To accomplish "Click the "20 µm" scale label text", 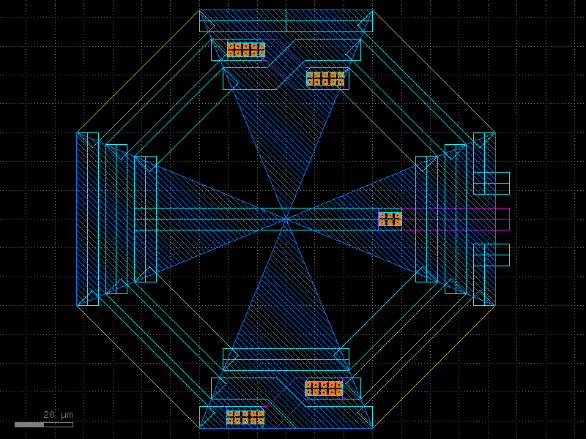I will coord(58,414).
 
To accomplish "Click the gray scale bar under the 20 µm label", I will coord(43,424).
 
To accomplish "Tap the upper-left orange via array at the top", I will coord(246,50).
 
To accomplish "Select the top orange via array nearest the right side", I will coord(325,78).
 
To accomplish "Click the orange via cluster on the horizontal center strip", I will coord(390,219).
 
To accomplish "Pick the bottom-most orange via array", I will coord(245,417).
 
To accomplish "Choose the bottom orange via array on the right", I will coord(324,388).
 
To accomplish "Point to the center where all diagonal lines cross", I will coord(286,219).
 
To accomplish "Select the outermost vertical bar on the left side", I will coord(87,219).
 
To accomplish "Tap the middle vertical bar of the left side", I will coord(116,219).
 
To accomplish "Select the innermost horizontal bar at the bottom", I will coord(286,359).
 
